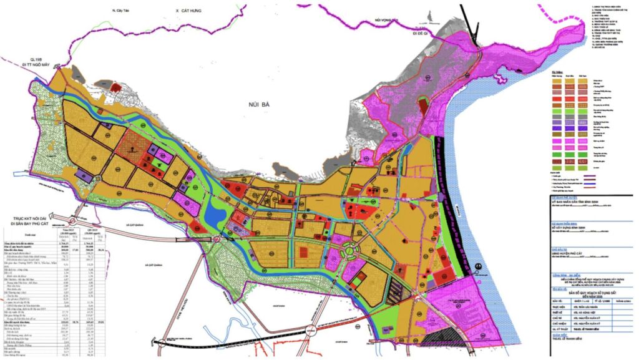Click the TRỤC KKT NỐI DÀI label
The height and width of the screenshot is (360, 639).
(31, 218)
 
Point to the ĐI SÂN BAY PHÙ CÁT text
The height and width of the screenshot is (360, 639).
(31, 225)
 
